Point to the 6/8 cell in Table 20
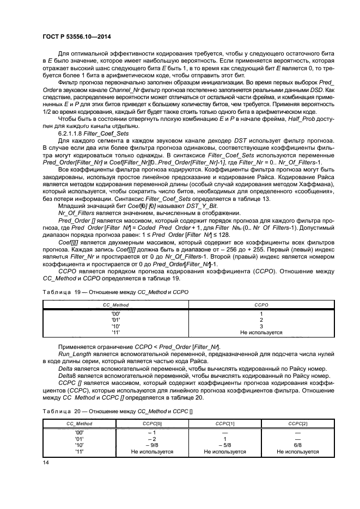click(x=297, y=445)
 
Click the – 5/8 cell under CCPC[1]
click(x=225, y=445)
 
